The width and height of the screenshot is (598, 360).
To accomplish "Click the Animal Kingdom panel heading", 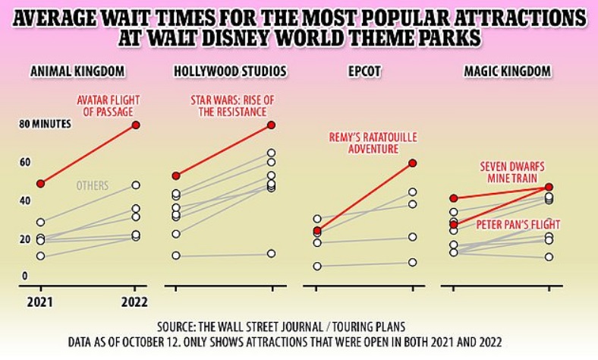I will click(77, 72).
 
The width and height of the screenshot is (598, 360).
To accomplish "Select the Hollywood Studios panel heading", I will click(230, 72).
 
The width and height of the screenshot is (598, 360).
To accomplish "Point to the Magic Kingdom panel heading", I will click(508, 72).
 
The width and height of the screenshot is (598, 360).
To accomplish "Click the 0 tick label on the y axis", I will click(24, 276).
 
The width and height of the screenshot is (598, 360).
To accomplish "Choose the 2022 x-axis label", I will click(136, 301).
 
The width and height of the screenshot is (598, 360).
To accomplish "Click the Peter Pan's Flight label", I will click(518, 226).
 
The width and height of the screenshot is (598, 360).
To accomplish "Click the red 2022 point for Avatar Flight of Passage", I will click(136, 125).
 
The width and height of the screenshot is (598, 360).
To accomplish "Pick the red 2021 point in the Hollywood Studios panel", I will click(176, 176).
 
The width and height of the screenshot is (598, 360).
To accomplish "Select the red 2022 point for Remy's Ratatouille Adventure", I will click(413, 163).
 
